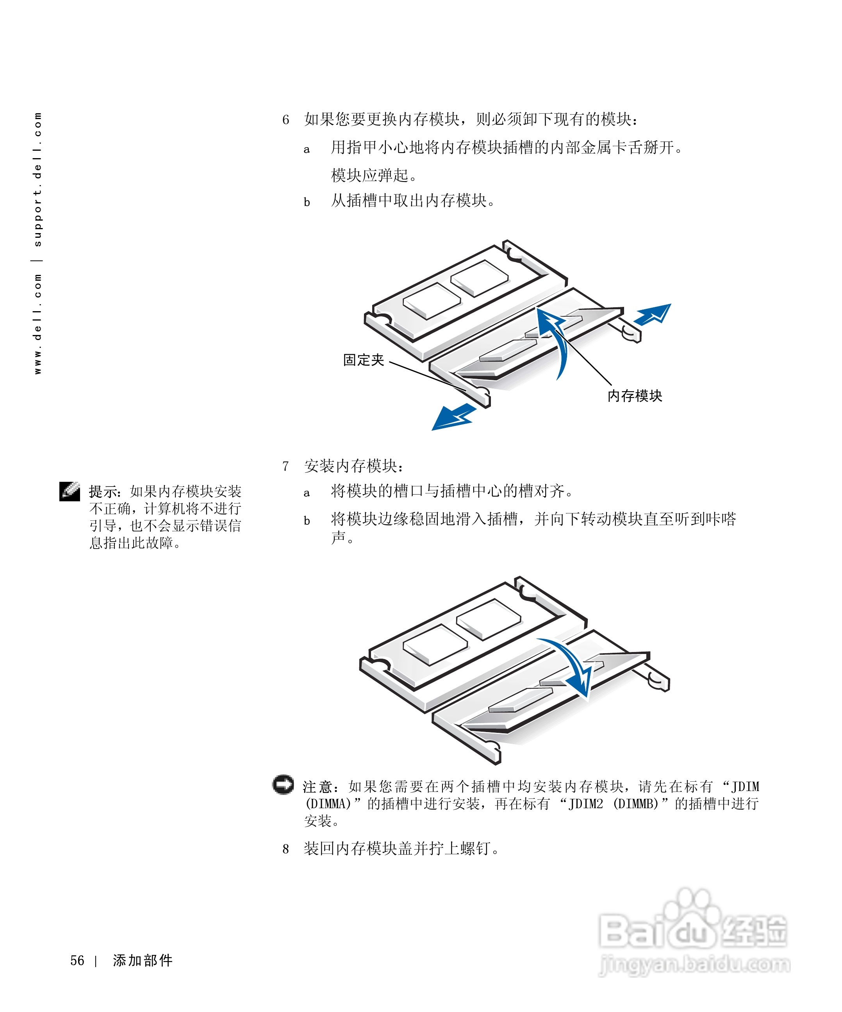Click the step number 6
286,119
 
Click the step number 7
286,466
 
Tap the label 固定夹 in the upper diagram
364,360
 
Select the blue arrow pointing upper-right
653,315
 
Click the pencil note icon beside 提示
70,491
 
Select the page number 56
77,960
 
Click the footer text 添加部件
143,960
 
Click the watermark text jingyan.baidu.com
694,964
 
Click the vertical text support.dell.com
37,180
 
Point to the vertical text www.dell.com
37,324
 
